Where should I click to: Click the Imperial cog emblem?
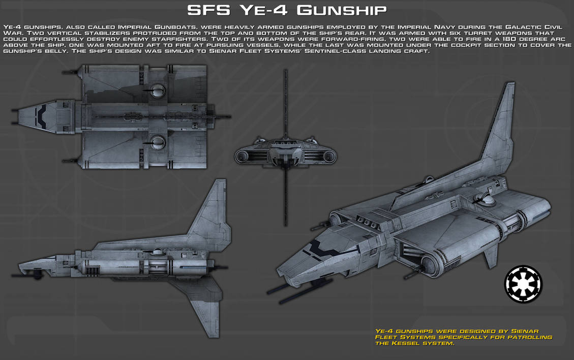(x=523, y=284)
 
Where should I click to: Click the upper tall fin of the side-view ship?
(x=213, y=214)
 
